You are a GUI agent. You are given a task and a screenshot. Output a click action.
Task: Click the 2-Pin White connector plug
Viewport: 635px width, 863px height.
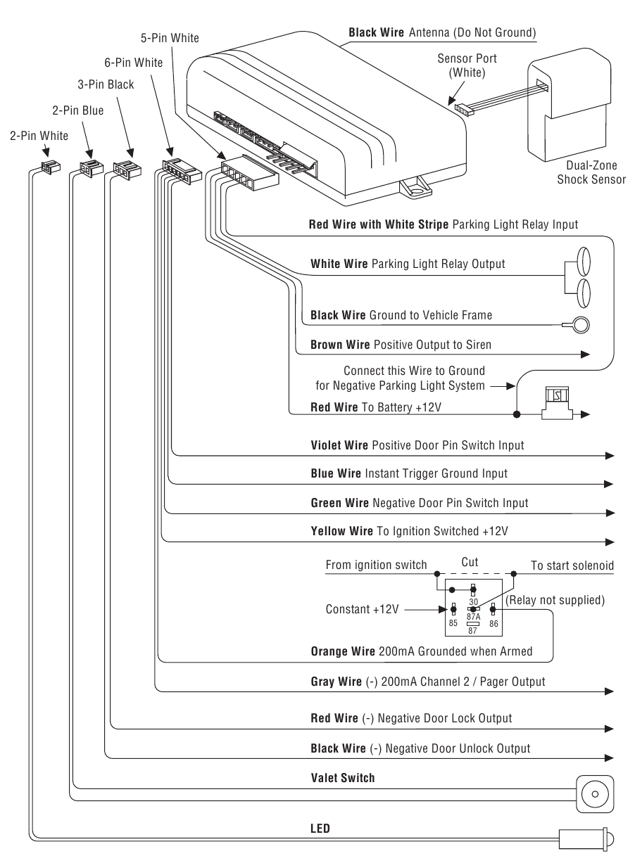(x=51, y=167)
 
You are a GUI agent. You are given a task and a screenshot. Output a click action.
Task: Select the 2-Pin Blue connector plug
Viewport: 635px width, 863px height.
(x=92, y=168)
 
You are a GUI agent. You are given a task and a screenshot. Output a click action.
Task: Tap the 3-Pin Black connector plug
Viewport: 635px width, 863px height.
(x=127, y=170)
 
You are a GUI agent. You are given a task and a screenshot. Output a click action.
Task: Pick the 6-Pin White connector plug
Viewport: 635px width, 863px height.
(x=182, y=172)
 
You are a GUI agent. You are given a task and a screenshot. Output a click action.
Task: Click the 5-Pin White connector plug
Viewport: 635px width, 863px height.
(x=250, y=172)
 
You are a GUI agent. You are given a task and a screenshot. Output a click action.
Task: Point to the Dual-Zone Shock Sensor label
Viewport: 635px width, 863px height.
(x=591, y=172)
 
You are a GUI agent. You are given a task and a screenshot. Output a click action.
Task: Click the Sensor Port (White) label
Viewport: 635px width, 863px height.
(x=467, y=65)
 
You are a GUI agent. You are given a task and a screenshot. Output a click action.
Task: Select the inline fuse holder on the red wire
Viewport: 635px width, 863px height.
(x=557, y=403)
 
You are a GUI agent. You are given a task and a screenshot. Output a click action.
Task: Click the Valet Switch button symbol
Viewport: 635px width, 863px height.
(x=595, y=794)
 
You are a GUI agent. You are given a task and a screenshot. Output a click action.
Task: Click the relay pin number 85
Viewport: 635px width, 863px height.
(x=453, y=623)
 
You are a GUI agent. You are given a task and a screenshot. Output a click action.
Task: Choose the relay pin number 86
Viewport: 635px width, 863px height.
(x=493, y=623)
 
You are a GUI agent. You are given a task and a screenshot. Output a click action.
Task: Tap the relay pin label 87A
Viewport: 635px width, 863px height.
(x=474, y=617)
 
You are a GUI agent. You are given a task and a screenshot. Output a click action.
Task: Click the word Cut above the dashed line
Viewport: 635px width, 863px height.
(x=470, y=562)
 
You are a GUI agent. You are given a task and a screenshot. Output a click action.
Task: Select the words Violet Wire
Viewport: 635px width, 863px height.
(x=339, y=445)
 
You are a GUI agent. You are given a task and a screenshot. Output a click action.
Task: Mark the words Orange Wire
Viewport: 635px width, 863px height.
(x=343, y=651)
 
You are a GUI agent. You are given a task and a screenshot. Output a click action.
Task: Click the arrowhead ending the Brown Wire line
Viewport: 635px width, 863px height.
(x=585, y=354)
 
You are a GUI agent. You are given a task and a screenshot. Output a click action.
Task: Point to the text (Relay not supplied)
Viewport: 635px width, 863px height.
(x=555, y=600)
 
